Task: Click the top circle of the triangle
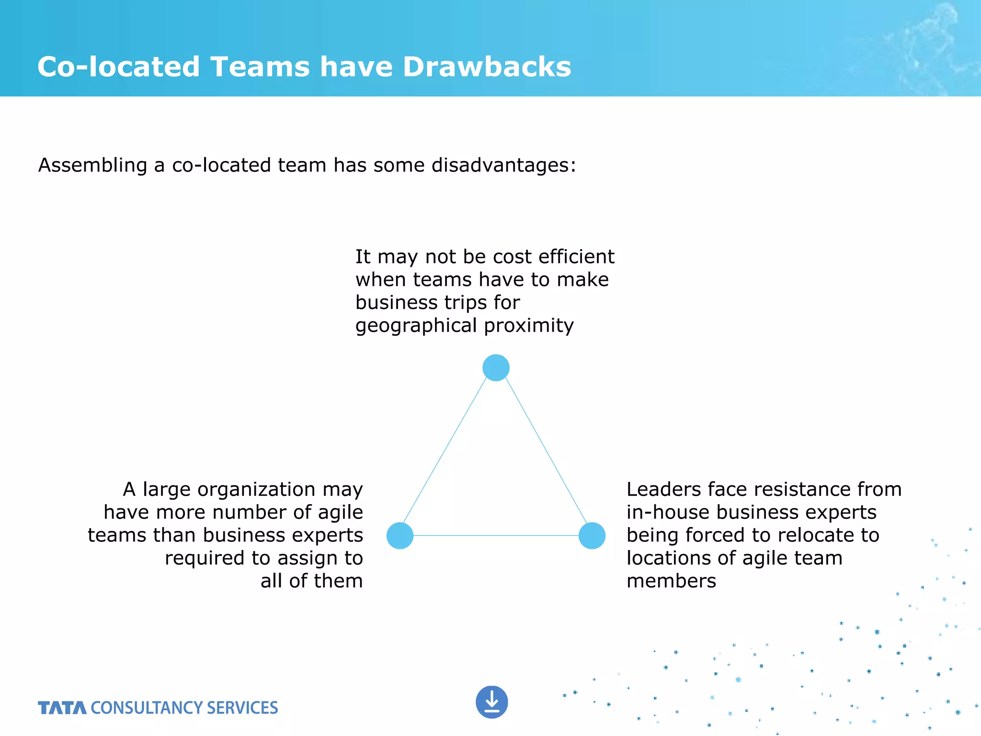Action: point(496,368)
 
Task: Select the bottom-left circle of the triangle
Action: point(400,535)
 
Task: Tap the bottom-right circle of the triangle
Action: point(592,535)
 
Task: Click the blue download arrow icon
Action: point(492,702)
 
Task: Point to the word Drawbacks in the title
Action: point(487,67)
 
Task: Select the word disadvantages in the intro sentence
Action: point(503,165)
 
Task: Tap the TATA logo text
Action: point(62,708)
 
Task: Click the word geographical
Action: point(416,326)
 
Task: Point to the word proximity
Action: point(529,326)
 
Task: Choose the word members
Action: point(671,581)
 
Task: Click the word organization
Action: point(256,490)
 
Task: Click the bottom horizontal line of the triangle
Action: point(496,535)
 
